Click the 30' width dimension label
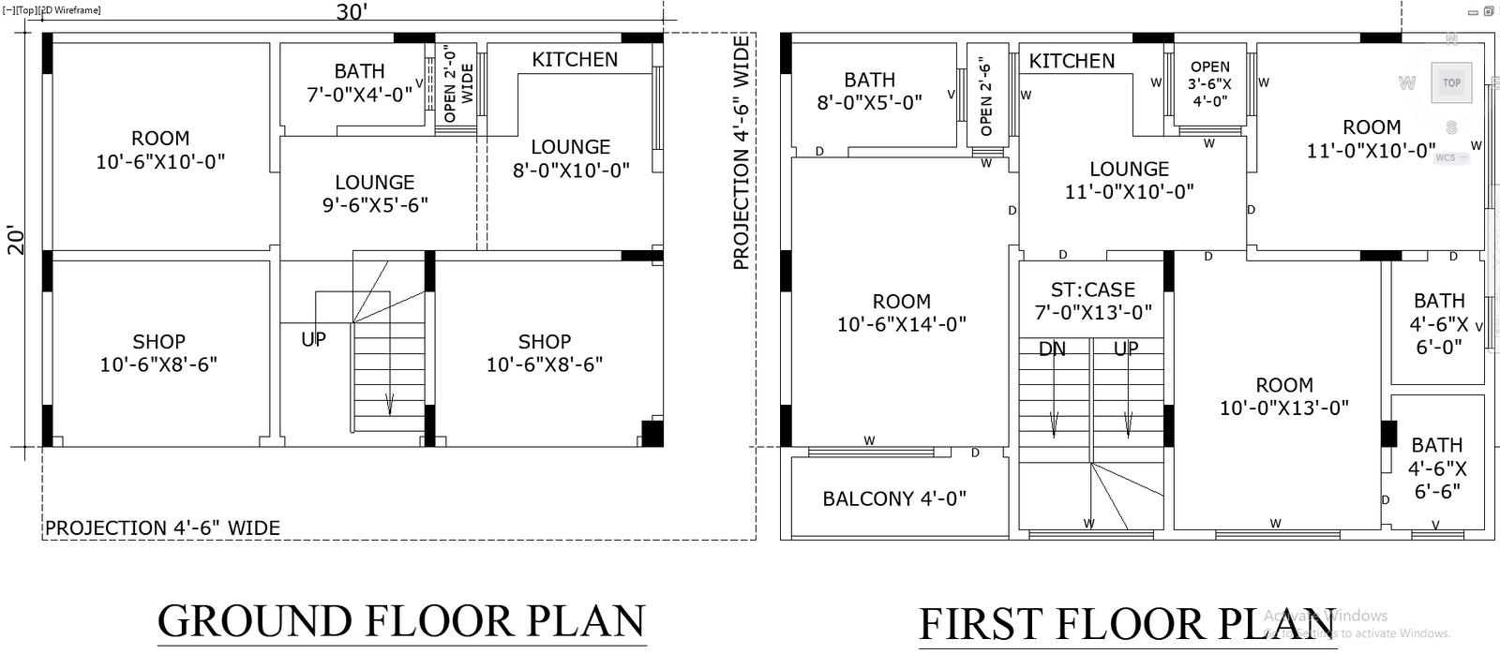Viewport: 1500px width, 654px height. (x=352, y=12)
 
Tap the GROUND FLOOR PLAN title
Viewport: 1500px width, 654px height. (x=402, y=620)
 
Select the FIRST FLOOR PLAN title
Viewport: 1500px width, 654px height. (x=1128, y=624)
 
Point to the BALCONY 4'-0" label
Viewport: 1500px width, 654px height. (x=894, y=498)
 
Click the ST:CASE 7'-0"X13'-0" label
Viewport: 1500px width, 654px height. (x=1093, y=301)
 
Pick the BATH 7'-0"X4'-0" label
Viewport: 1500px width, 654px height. (x=360, y=83)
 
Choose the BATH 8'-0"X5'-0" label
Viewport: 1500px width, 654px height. (x=869, y=91)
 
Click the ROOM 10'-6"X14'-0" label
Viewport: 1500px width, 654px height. (x=901, y=313)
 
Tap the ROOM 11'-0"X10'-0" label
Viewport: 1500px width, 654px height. (x=1372, y=139)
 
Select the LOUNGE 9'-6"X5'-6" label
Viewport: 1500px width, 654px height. (x=375, y=193)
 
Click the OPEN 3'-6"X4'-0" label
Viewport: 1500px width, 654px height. (x=1210, y=83)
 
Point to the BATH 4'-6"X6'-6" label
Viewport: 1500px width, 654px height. (x=1437, y=468)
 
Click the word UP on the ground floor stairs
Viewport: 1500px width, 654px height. (x=313, y=339)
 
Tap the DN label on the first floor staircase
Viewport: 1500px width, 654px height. (x=1052, y=349)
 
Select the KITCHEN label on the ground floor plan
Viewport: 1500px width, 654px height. (x=575, y=60)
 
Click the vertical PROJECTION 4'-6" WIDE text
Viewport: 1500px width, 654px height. (x=742, y=153)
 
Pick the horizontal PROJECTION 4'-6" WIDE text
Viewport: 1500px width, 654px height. (x=162, y=528)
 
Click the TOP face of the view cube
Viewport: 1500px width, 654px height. (x=1452, y=83)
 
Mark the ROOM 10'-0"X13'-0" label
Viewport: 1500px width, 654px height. (x=1283, y=396)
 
